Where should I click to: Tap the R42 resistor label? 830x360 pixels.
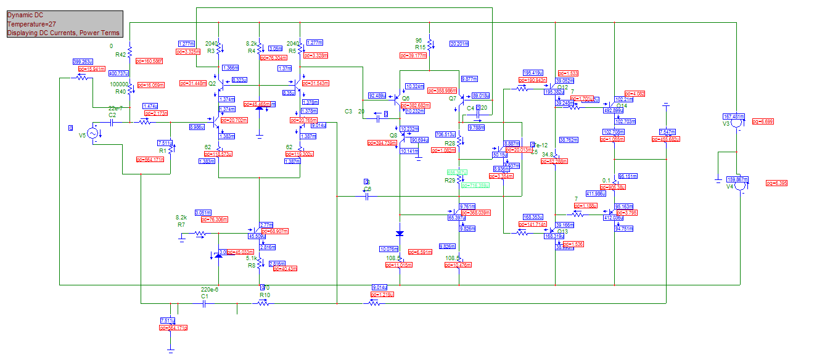[x=120, y=55]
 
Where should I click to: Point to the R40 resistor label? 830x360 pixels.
[x=120, y=92]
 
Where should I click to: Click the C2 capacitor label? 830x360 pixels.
[x=112, y=115]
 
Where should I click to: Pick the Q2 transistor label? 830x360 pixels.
[x=212, y=83]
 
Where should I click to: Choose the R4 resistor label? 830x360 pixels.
[x=252, y=51]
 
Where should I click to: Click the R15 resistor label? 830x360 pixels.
[x=421, y=47]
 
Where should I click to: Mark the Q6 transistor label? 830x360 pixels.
[x=405, y=98]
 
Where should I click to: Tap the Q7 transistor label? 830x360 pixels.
[x=453, y=98]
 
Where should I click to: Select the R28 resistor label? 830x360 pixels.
[x=450, y=143]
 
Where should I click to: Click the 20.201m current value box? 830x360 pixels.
[x=459, y=44]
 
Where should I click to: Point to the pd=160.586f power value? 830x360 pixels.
[x=150, y=61]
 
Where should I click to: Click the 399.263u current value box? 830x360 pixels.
[x=82, y=62]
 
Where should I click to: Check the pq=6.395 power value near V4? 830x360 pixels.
[x=776, y=183]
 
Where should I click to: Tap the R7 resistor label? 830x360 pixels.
[x=181, y=226]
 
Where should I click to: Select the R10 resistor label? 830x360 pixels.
[x=265, y=295]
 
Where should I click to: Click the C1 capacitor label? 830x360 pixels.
[x=205, y=297]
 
